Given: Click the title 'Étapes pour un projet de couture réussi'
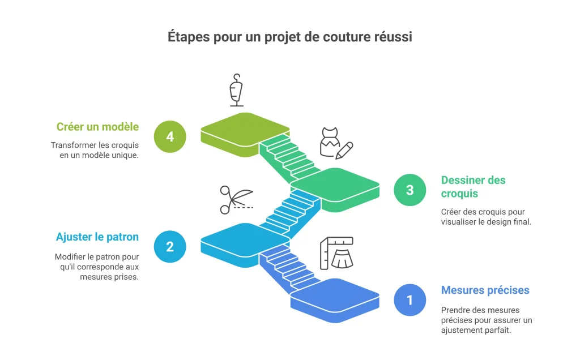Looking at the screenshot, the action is pyautogui.click(x=289, y=37).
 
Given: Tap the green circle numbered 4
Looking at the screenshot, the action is pyautogui.click(x=170, y=137).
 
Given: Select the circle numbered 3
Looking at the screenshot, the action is pyautogui.click(x=410, y=190).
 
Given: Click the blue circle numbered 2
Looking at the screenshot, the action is pyautogui.click(x=170, y=247).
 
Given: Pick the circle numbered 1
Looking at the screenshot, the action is pyautogui.click(x=410, y=300).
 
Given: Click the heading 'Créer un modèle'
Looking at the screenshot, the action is pyautogui.click(x=97, y=127).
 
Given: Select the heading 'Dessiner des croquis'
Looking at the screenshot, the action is pyautogui.click(x=473, y=187).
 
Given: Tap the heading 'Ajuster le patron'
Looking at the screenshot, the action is pyautogui.click(x=97, y=237).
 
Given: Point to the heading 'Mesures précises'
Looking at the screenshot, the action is pyautogui.click(x=485, y=290).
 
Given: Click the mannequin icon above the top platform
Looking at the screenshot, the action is pyautogui.click(x=236, y=90).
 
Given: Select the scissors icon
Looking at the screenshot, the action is pyautogui.click(x=236, y=200).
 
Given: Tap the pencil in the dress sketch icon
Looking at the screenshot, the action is pyautogui.click(x=344, y=151).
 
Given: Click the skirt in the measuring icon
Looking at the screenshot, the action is pyautogui.click(x=342, y=259).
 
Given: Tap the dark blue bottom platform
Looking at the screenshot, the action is pyautogui.click(x=335, y=300).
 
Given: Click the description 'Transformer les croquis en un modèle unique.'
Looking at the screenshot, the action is pyautogui.click(x=95, y=150).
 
